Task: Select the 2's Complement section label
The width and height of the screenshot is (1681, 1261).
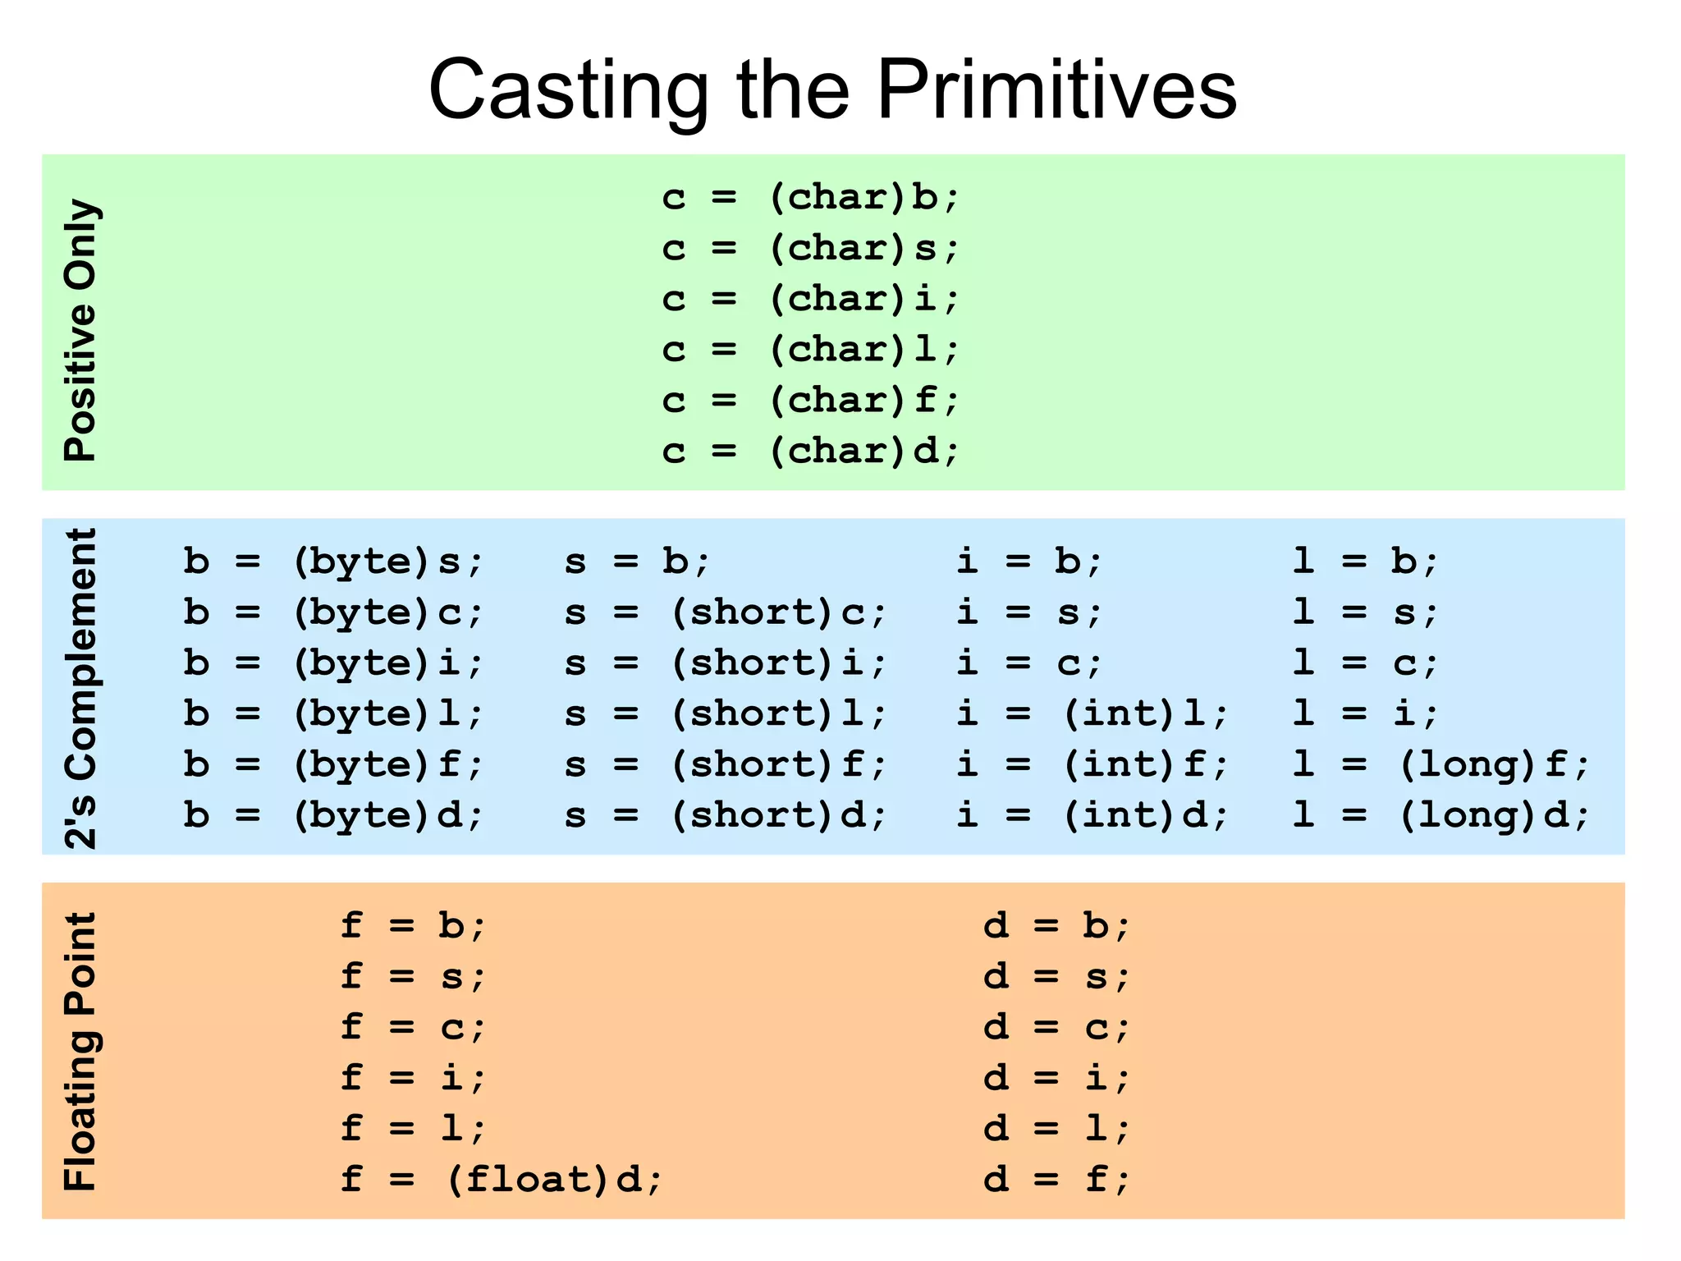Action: pos(81,688)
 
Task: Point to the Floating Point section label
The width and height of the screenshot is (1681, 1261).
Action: pos(81,1051)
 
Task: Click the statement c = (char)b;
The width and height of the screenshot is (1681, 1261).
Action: pos(810,198)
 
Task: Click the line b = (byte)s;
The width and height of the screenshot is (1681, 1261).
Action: pos(333,562)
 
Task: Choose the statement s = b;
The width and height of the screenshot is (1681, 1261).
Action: pos(637,562)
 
